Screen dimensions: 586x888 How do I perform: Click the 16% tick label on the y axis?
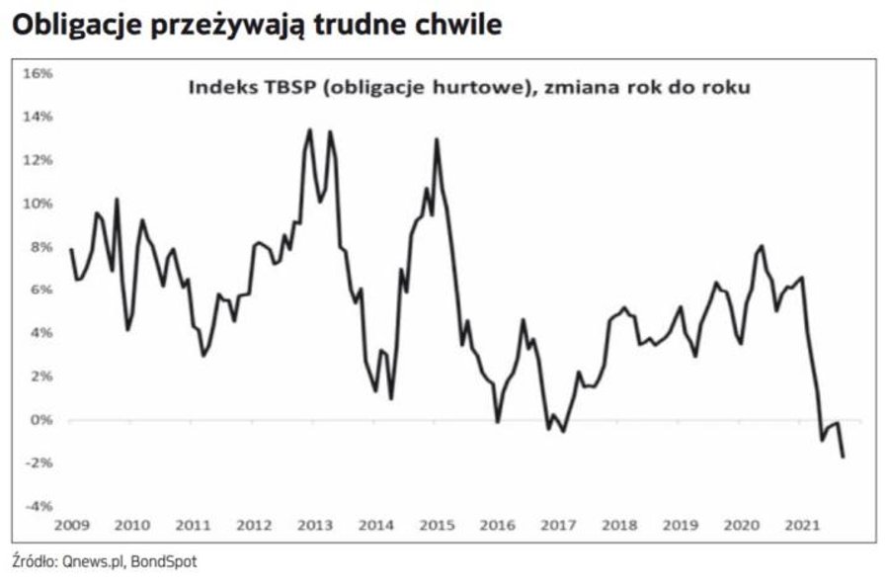(39, 73)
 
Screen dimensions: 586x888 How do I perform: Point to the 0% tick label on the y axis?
(41, 419)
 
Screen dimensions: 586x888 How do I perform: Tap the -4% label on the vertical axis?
(39, 506)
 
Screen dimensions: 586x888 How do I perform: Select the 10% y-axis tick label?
(39, 203)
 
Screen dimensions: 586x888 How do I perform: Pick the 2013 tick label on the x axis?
(314, 525)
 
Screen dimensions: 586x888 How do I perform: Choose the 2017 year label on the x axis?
(558, 525)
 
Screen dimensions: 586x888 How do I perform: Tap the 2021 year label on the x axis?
(801, 525)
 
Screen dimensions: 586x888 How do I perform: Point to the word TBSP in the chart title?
(283, 88)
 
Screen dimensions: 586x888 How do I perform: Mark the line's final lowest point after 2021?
(844, 457)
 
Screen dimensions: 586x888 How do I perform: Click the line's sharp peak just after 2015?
(436, 139)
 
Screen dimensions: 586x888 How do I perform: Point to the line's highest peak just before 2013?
(310, 129)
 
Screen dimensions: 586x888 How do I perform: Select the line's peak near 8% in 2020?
(763, 245)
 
